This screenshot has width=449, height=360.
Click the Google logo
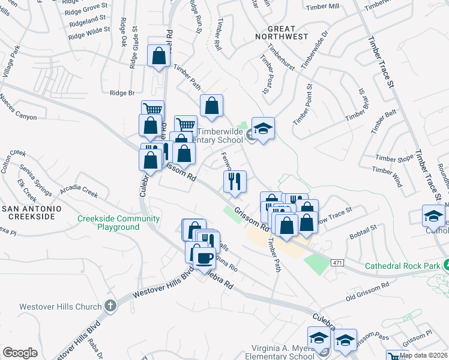click(x=20, y=352)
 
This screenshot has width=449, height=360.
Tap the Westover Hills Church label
click(x=60, y=307)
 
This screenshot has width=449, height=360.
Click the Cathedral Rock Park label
click(x=402, y=265)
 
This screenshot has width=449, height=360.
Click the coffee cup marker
click(x=205, y=257)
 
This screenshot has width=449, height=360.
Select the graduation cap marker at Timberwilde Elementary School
click(x=263, y=128)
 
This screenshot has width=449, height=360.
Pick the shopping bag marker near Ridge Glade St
click(x=158, y=56)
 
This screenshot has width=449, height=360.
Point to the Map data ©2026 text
click(x=423, y=355)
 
